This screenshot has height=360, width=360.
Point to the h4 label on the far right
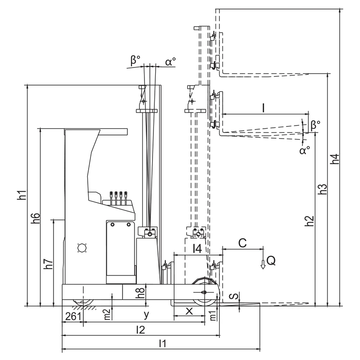pos(334,159)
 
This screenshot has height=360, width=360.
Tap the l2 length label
pos(140,330)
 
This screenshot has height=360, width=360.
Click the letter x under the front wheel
pos(189,311)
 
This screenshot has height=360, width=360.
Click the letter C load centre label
pos(242,243)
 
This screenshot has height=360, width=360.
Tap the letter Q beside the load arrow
pos(270,260)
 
